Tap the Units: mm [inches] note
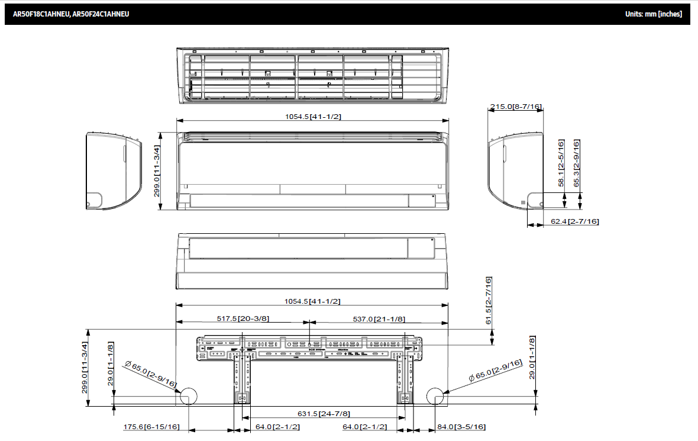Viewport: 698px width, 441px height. tap(653, 14)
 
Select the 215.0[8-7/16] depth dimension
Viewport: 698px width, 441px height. tap(515, 107)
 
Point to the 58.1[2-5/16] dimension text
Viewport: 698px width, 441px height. tap(562, 163)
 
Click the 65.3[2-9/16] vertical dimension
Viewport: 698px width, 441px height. tap(577, 163)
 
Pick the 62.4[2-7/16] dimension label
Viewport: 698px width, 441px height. tap(574, 221)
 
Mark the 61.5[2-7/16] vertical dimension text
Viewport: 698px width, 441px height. tap(489, 301)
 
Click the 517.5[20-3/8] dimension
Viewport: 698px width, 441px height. tap(243, 318)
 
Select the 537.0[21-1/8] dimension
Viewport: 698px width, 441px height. tap(379, 318)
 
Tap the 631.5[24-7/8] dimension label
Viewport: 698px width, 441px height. tap(323, 413)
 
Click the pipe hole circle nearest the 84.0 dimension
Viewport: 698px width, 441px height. tap(435, 397)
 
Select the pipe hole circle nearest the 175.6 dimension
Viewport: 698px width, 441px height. tap(189, 397)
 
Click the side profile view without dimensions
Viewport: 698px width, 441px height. tap(113, 170)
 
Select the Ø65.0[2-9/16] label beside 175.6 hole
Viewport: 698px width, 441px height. tap(151, 374)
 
